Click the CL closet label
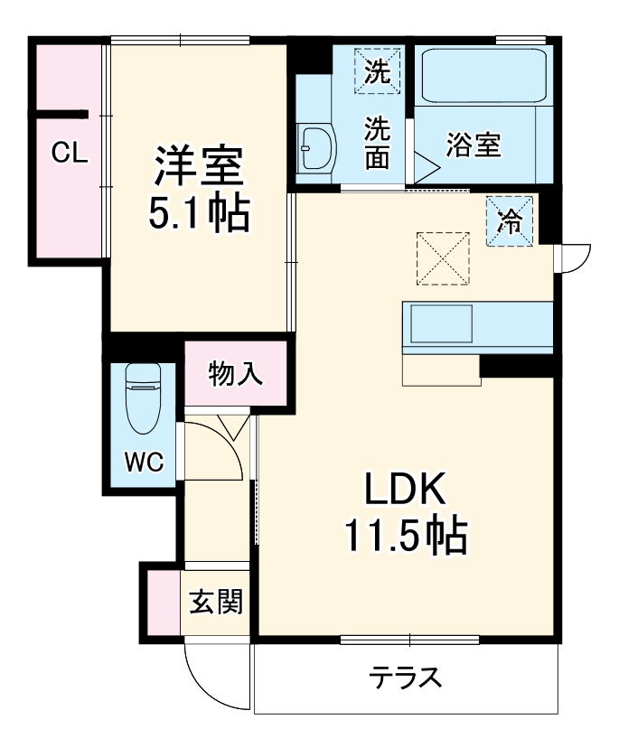tap(69, 154)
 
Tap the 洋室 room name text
tap(198, 167)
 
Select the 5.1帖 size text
tap(198, 215)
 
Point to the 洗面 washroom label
tap(378, 143)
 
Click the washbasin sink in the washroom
tap(316, 147)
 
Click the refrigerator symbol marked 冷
tap(511, 221)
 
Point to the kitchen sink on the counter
tap(442, 323)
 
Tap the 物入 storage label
tap(236, 373)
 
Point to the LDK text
tap(405, 492)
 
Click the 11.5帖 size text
tap(405, 538)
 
